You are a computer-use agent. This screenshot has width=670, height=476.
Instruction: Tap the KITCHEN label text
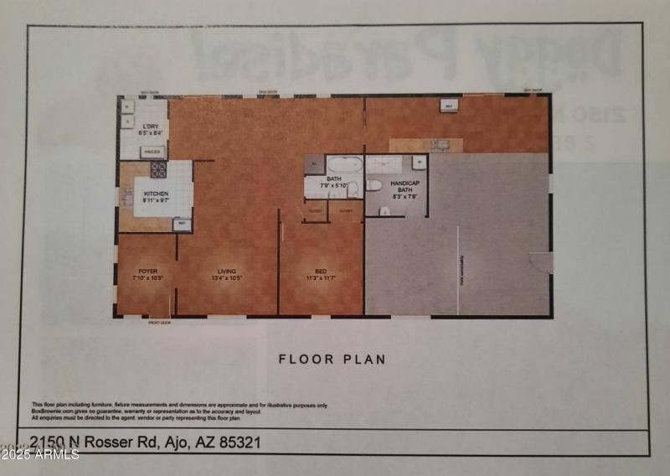(156, 194)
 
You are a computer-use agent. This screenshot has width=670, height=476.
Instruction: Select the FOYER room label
(147, 271)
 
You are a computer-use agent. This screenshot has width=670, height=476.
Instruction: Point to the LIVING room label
(227, 271)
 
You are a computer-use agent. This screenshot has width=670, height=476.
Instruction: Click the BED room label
(320, 271)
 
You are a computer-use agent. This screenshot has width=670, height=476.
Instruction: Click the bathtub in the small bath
(343, 163)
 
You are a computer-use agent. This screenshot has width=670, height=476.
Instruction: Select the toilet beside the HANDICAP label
(374, 185)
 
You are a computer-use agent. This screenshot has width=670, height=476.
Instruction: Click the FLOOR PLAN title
(332, 360)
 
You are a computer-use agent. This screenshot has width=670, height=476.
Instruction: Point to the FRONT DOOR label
(159, 321)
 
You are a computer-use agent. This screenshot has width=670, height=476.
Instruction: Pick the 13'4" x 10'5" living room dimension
(227, 277)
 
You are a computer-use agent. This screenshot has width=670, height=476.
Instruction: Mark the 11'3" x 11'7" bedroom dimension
(320, 277)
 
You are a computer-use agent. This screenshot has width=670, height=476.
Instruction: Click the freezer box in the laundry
(152, 151)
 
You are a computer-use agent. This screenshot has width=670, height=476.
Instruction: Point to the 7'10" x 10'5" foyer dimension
(147, 277)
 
